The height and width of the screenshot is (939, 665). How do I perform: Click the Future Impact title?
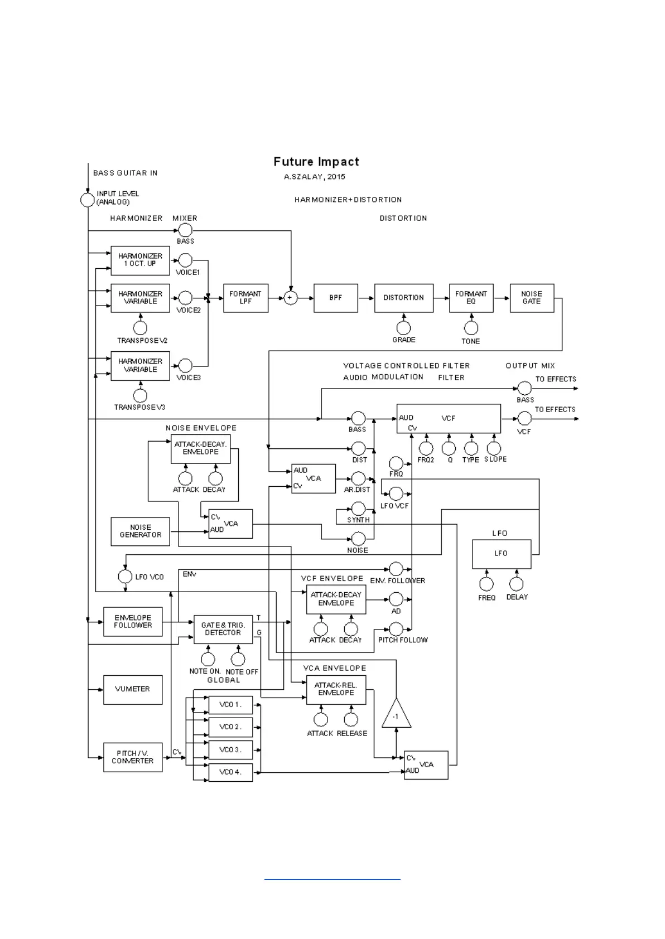(316, 162)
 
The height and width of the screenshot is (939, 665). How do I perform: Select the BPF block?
(335, 298)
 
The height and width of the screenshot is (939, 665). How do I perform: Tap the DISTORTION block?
(403, 298)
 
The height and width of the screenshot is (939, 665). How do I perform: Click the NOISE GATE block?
(531, 298)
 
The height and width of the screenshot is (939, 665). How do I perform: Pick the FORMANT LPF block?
(245, 298)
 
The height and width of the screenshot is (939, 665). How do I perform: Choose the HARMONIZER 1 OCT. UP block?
(140, 260)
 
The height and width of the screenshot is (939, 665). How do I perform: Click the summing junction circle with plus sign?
(290, 298)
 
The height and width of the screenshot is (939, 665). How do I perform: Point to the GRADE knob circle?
(403, 328)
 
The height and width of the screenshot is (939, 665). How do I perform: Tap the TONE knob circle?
(471, 328)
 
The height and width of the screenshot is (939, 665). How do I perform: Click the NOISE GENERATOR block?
(140, 531)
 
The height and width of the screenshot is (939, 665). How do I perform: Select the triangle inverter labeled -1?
(396, 715)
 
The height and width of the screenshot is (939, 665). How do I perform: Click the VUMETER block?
(133, 689)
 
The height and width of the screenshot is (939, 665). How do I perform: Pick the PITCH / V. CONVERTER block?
(133, 757)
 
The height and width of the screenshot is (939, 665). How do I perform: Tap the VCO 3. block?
(230, 750)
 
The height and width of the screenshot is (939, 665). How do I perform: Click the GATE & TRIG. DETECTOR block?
(223, 630)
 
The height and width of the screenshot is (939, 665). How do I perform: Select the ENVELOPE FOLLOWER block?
(133, 622)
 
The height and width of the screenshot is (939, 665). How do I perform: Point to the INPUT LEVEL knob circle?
(88, 200)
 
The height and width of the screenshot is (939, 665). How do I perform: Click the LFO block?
(501, 554)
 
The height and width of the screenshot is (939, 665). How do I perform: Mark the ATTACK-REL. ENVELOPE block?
(336, 689)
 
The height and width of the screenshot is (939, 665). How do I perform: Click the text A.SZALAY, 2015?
(314, 177)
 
